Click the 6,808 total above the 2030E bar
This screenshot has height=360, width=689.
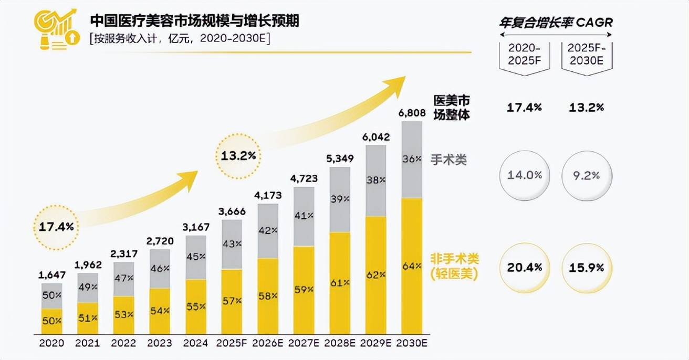[411, 113]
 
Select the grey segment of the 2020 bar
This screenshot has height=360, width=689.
[52, 296]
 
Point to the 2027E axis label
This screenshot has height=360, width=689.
[304, 343]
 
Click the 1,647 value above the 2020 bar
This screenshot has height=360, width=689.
[52, 274]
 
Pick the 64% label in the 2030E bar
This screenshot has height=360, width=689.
[411, 266]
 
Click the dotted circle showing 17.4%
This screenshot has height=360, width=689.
[57, 227]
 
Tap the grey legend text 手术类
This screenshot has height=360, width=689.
[449, 160]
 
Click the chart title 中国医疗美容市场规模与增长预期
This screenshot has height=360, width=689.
[195, 20]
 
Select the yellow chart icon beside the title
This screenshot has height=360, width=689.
[55, 29]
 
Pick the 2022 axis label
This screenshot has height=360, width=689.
[124, 343]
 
